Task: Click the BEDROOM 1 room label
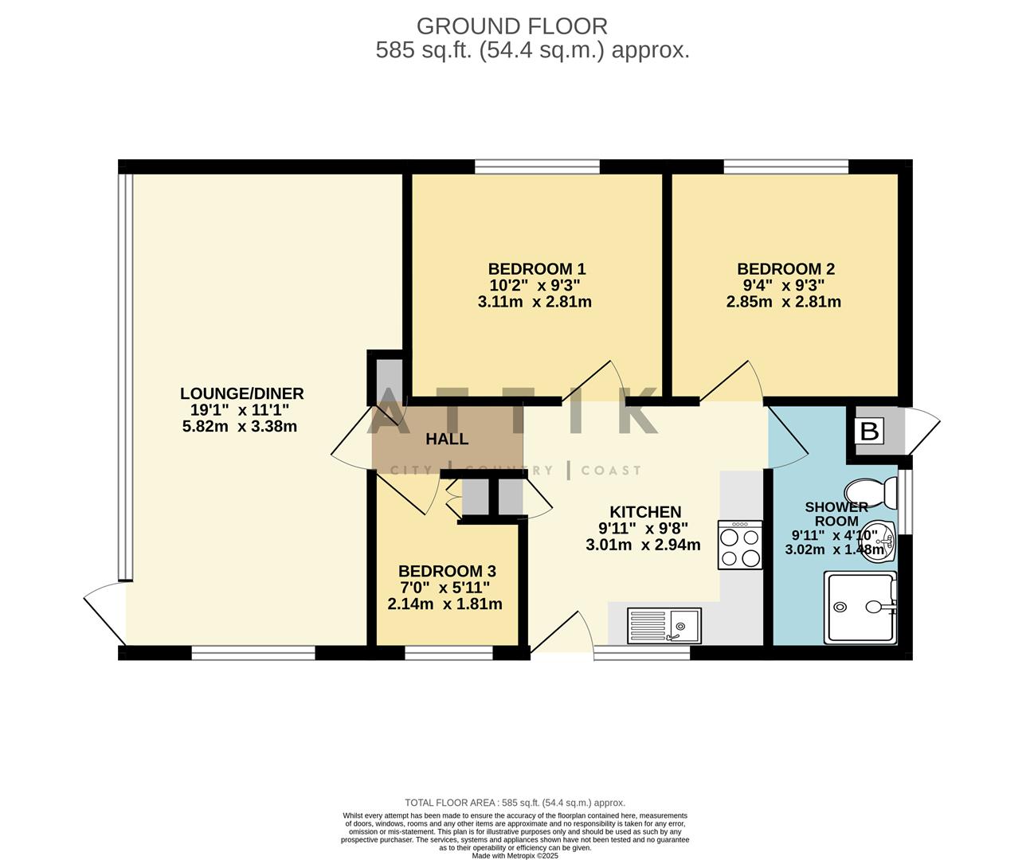click(x=536, y=269)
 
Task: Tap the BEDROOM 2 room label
click(x=785, y=269)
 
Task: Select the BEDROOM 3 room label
click(x=447, y=571)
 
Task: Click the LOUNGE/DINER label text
click(x=241, y=393)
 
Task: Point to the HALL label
click(x=447, y=439)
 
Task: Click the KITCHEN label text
click(x=645, y=512)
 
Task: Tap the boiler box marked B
click(x=870, y=432)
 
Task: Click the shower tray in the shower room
click(x=860, y=607)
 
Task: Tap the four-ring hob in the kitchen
click(x=740, y=545)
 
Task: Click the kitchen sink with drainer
click(x=664, y=625)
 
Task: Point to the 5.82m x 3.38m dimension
click(x=239, y=426)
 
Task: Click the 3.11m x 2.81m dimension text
click(x=535, y=302)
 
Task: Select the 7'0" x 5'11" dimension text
click(x=445, y=588)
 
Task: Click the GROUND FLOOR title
click(x=511, y=26)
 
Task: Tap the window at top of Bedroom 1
click(x=537, y=166)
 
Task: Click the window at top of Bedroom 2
click(x=785, y=166)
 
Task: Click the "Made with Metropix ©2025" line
click(x=515, y=856)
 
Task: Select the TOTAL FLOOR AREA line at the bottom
click(x=515, y=803)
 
